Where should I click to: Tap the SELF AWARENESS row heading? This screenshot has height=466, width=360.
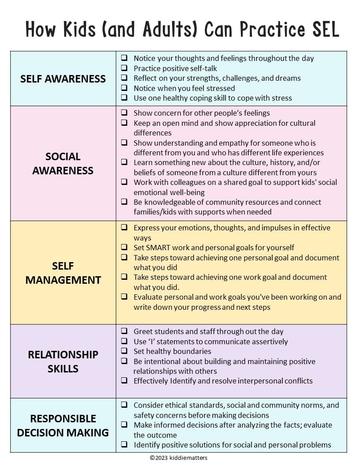[x=63, y=79]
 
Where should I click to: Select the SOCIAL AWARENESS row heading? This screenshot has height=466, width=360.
[x=63, y=163]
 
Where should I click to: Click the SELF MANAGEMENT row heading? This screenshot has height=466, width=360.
[x=63, y=273]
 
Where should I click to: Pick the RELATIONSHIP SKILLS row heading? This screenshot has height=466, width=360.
[x=63, y=361]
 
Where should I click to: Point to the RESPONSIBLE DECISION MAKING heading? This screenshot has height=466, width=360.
[x=63, y=425]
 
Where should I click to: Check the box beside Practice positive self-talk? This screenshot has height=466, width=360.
[x=124, y=68]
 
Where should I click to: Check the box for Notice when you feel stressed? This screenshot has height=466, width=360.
[x=124, y=88]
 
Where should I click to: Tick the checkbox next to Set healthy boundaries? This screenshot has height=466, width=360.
[x=124, y=351]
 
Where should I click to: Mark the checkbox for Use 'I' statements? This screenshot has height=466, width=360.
[x=124, y=341]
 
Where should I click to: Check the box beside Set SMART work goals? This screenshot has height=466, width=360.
[x=124, y=247]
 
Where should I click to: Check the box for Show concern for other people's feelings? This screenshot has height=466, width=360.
[x=124, y=113]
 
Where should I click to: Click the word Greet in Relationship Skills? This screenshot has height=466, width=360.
[x=143, y=331]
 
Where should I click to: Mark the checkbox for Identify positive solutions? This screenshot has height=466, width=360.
[x=124, y=445]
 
